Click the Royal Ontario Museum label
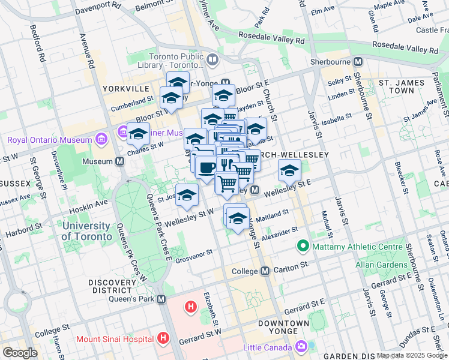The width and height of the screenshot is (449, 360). (50, 140)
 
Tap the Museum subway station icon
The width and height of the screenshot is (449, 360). (120, 161)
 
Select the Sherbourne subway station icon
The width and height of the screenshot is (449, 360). (358, 62)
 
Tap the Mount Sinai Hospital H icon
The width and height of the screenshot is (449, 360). (163, 338)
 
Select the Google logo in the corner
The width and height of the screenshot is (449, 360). (20, 352)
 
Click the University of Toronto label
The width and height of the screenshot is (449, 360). (86, 231)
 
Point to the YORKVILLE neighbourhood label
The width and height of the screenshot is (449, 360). (125, 88)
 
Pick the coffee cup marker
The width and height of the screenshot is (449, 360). (206, 167)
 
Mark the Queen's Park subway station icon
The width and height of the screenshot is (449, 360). (160, 298)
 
